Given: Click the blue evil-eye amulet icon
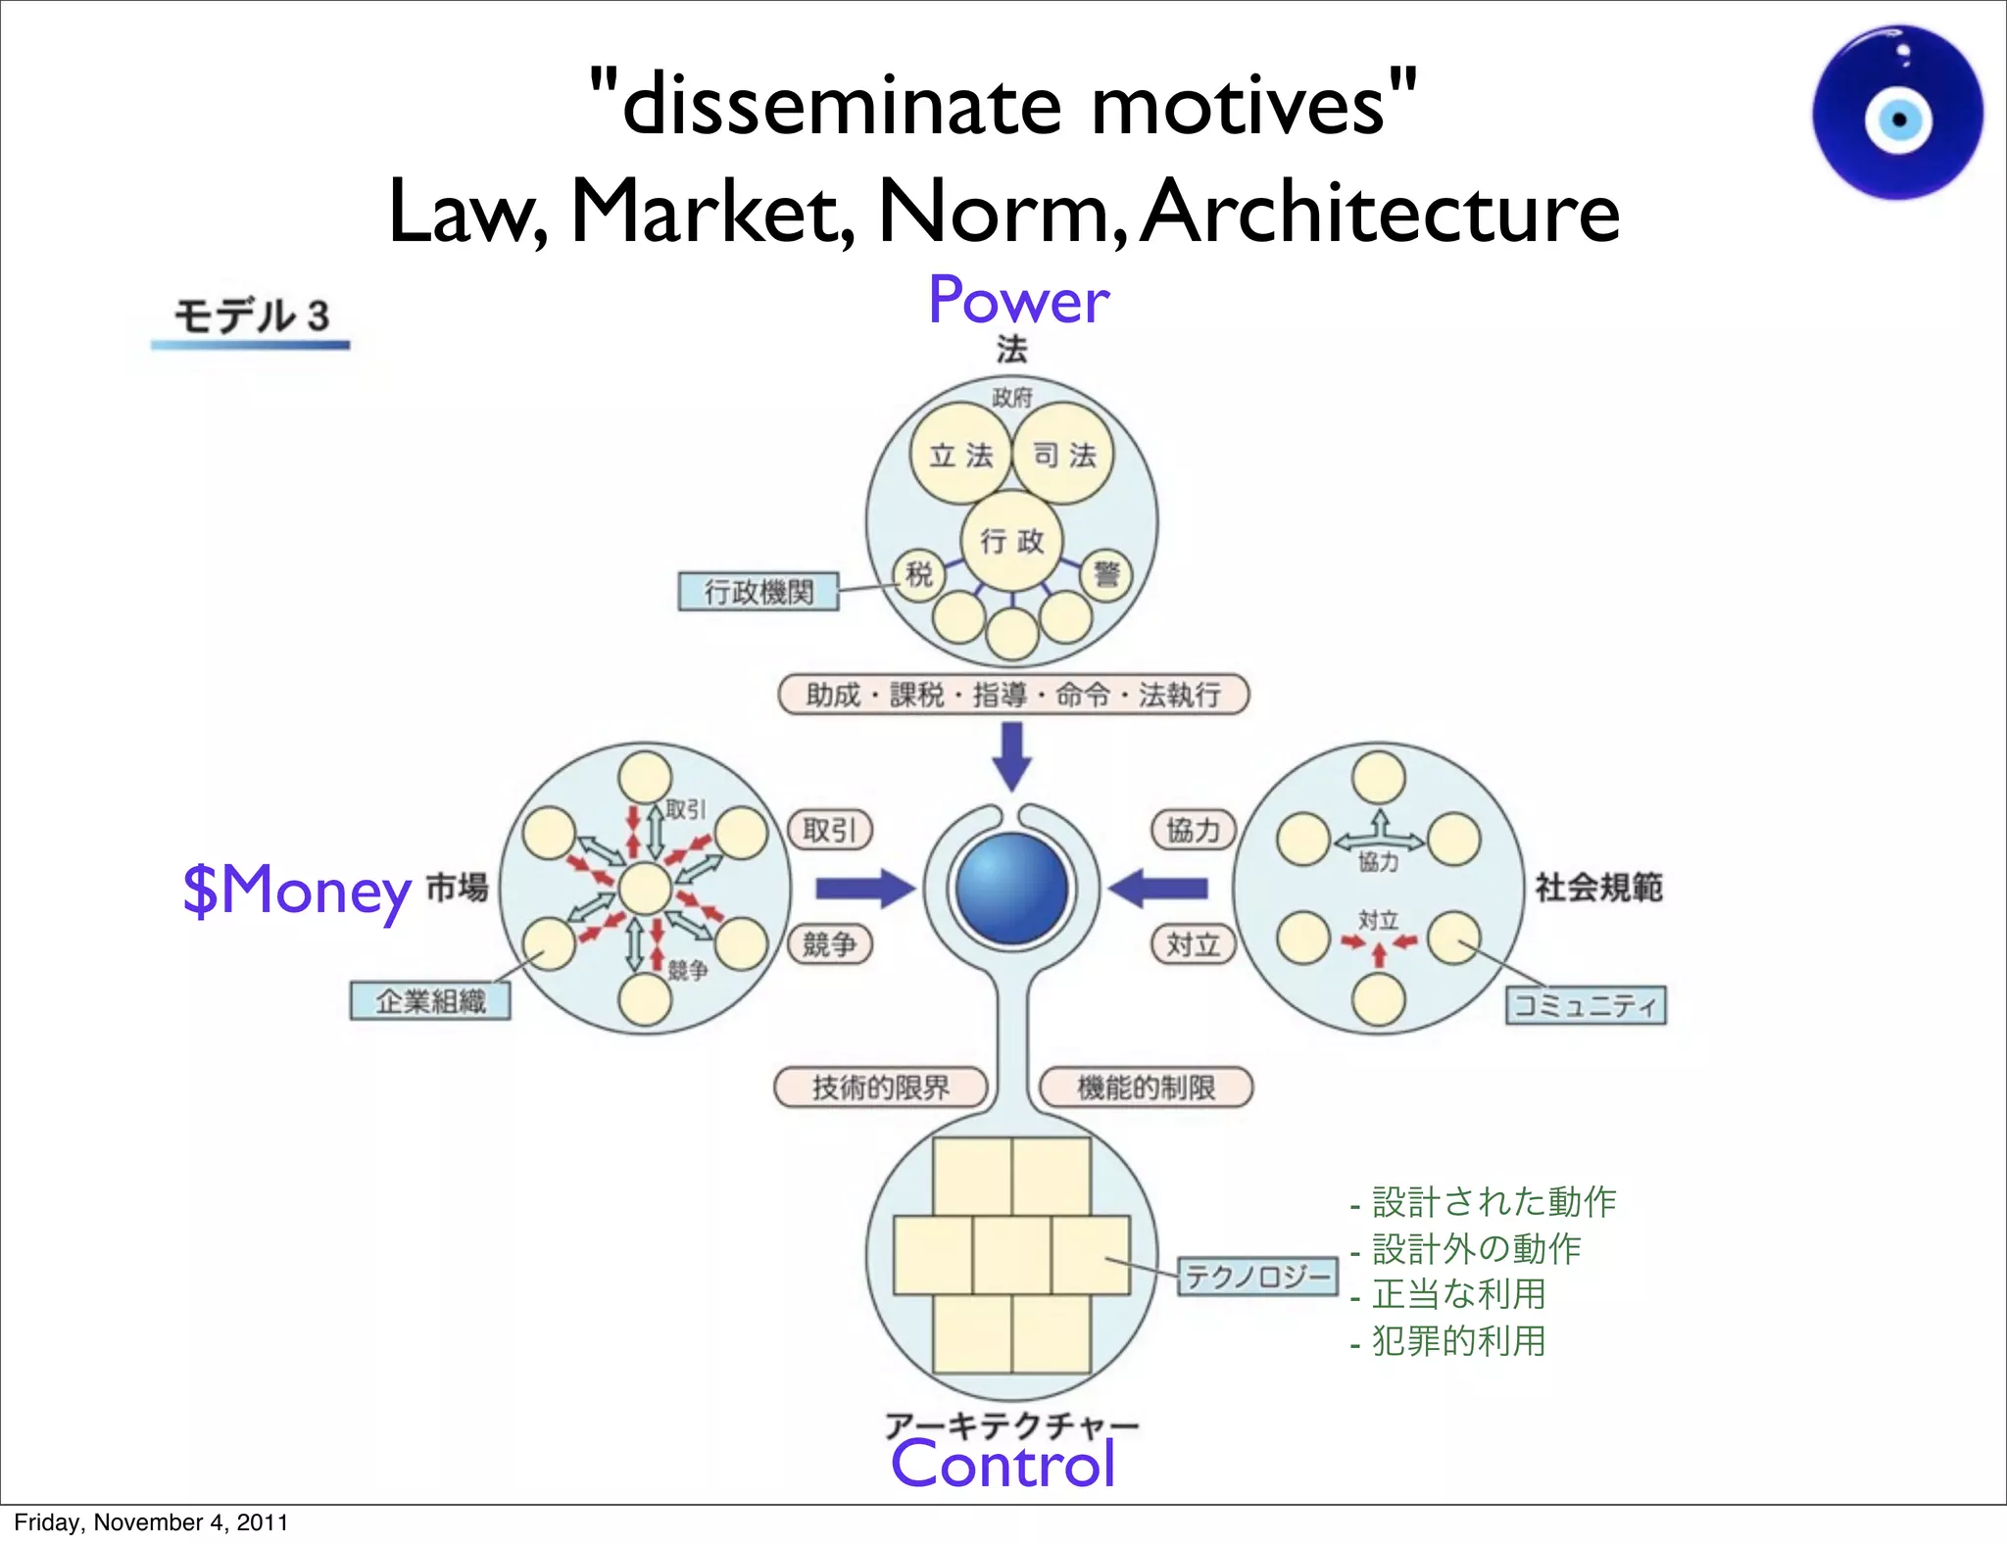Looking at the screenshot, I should point(1897,114).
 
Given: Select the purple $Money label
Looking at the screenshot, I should point(297,890).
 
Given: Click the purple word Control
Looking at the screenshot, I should point(1003,1465).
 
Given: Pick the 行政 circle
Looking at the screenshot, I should point(1012,541).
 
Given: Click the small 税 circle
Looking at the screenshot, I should point(919,574).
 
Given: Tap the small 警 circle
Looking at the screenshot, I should point(1106,574).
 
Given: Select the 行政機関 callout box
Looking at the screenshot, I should point(759,592).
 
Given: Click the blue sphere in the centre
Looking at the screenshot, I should point(1012,889).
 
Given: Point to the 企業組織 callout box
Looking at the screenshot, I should point(430,1001).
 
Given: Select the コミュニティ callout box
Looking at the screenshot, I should point(1585,1005).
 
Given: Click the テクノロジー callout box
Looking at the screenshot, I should point(1257,1277).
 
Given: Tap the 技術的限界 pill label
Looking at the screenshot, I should point(880,1087).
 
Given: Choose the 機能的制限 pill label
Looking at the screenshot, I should point(1146,1087).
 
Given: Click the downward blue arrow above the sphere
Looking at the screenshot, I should point(1012,755).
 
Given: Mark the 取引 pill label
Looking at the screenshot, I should point(830,831).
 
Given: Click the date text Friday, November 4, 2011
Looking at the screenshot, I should point(151,1522).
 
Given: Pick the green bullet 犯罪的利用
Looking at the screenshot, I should point(1457,1341).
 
